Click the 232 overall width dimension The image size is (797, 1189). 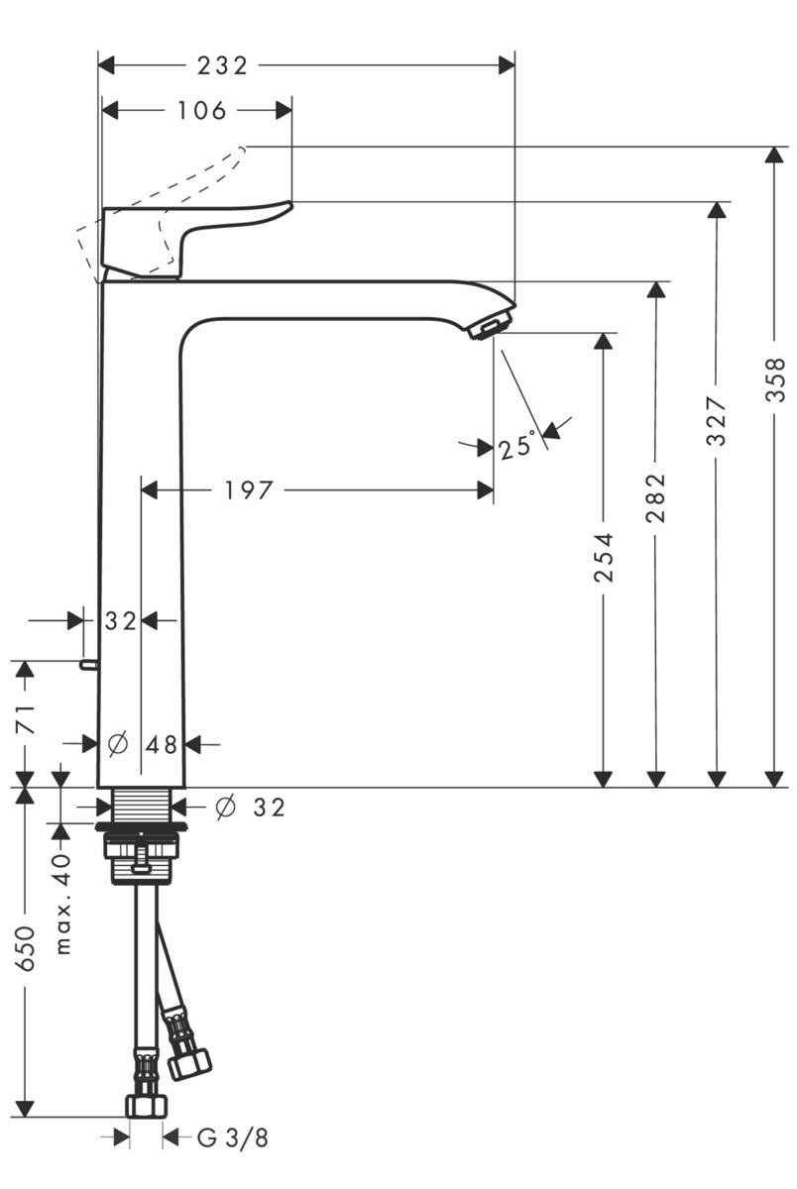(221, 65)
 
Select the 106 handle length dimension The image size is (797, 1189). (202, 110)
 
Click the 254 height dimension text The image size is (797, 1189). (604, 557)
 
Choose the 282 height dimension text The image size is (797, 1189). (657, 496)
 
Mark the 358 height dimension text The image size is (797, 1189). (775, 379)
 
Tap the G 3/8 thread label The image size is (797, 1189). (233, 1137)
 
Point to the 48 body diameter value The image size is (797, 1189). (162, 743)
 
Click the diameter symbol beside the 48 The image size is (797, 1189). (117, 743)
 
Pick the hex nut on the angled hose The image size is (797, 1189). (191, 1063)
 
